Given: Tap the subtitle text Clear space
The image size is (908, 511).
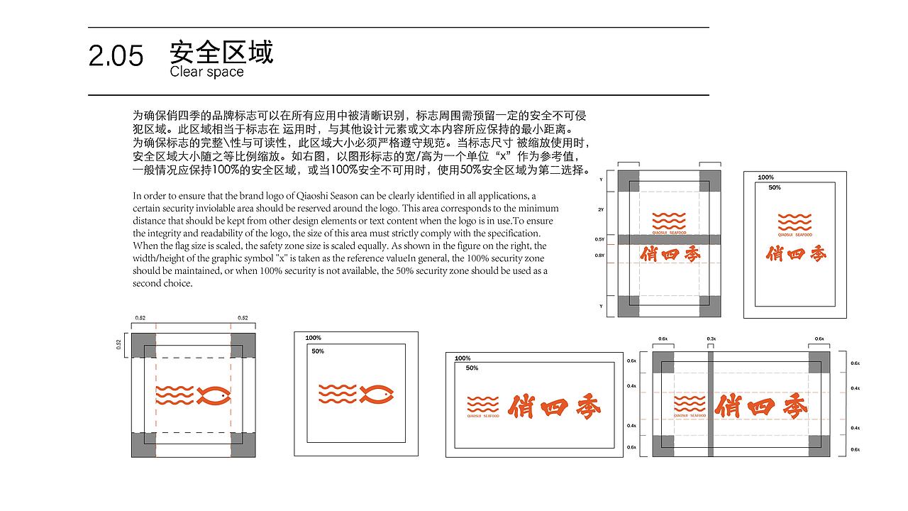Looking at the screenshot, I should coord(206,72).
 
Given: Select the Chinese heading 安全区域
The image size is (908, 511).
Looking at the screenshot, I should coord(221,52).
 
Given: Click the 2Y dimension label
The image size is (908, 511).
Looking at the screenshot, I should coord(601,210).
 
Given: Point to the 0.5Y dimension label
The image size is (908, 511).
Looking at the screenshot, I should coord(599,240).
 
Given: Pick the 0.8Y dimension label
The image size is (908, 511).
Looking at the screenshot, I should coord(599,255).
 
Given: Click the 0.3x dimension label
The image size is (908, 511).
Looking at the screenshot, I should coord(711,339).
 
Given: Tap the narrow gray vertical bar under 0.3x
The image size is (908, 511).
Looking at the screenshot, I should coord(711,404).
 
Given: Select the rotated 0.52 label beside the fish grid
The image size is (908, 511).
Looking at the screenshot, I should coord(119,344).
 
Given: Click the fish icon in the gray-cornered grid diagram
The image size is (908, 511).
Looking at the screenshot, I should coord(214,395).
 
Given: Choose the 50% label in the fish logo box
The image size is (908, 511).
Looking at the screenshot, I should coord(318,351).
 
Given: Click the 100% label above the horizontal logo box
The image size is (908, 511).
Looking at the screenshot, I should coord(463,358).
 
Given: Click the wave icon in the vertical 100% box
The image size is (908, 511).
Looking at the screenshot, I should coord(794,221).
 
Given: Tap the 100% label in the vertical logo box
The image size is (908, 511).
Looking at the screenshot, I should coord(765,177).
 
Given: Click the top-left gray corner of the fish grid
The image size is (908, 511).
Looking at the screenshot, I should coord(144,341).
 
